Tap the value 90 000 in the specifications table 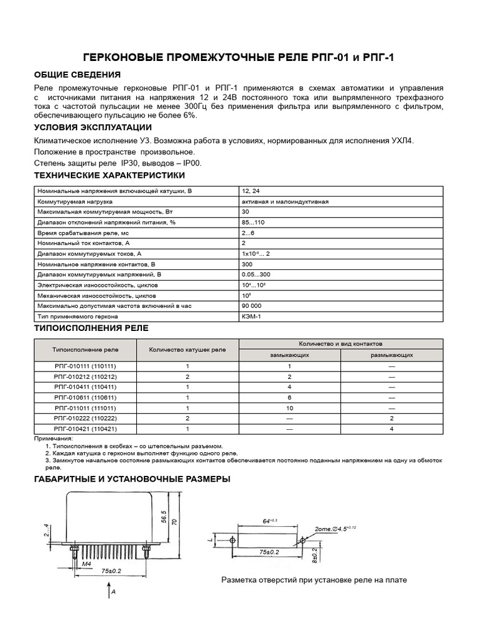[x=252, y=306]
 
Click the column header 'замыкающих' [x=289, y=355]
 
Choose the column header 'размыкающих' [x=392, y=355]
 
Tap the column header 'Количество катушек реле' [x=187, y=349]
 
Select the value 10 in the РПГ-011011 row [x=289, y=408]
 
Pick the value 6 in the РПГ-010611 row [x=289, y=398]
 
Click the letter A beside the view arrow [x=115, y=593]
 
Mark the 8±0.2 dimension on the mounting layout [x=315, y=554]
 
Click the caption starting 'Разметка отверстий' [x=314, y=580]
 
